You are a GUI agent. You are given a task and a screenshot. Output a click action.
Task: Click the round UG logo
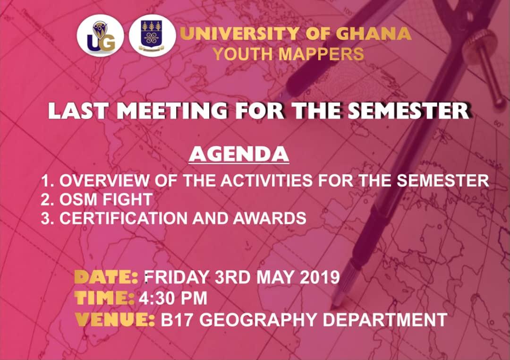point(100,37)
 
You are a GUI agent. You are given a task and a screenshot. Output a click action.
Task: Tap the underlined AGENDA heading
point(238,154)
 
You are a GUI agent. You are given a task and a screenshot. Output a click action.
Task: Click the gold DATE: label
point(106,277)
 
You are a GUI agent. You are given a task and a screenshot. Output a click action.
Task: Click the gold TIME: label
point(104,298)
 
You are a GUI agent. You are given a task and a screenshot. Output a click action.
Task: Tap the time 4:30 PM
point(173,299)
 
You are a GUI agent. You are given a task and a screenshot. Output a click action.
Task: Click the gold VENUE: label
point(115,320)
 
